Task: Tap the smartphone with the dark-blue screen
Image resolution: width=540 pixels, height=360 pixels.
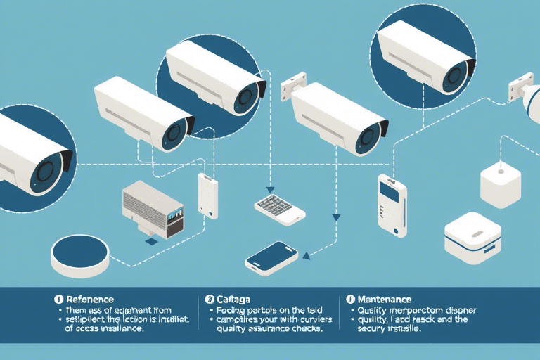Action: (271, 257)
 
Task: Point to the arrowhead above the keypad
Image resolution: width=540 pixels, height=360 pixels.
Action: (269, 189)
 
